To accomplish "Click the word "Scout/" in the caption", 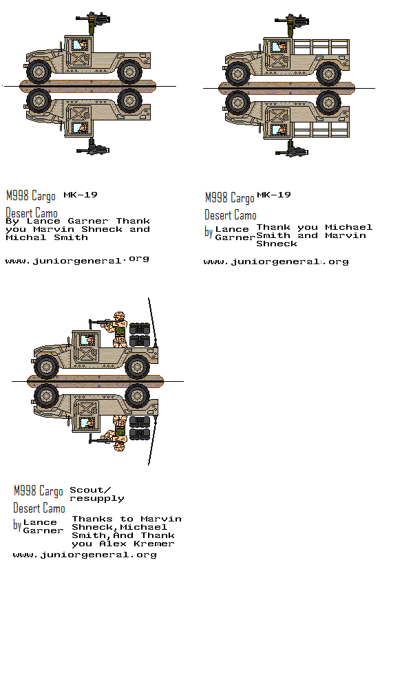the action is pyautogui.click(x=90, y=490).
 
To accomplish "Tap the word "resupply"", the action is pyautogui.click(x=96, y=499).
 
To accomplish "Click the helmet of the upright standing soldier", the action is pyautogui.click(x=119, y=316).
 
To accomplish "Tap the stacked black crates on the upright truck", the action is pyautogui.click(x=140, y=334).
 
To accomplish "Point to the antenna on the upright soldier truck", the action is pyautogui.click(x=153, y=321).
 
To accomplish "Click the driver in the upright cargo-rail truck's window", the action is pyautogui.click(x=280, y=47).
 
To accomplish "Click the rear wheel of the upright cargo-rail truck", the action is pyautogui.click(x=328, y=73).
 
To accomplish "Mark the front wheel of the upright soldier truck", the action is pyautogui.click(x=46, y=366).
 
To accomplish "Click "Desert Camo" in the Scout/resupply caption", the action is pyautogui.click(x=39, y=508).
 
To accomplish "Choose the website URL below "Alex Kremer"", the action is pyautogui.click(x=85, y=555).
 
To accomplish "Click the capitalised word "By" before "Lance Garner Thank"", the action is pyautogui.click(x=12, y=221).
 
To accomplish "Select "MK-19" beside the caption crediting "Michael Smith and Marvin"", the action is pyautogui.click(x=273, y=195).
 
